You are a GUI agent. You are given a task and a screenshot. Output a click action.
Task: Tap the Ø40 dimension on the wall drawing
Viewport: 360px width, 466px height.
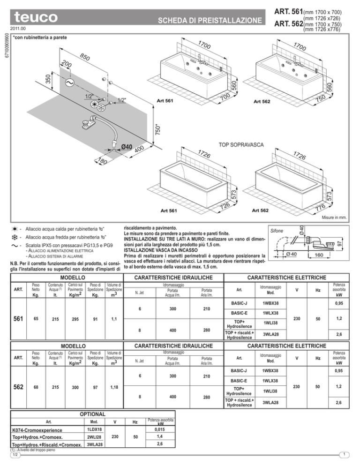(x=127, y=147)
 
